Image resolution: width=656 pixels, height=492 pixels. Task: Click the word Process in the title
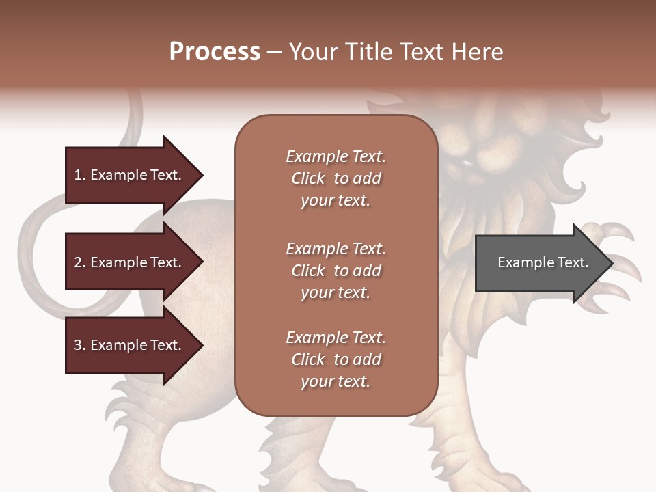pyautogui.click(x=215, y=52)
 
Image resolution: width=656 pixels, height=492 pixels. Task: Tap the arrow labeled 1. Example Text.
pyautogui.click(x=130, y=175)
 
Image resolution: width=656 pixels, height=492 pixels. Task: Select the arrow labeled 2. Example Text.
pyautogui.click(x=130, y=262)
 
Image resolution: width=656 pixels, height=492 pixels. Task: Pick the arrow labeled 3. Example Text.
pyautogui.click(x=130, y=345)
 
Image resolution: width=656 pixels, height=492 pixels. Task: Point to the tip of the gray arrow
pyautogui.click(x=611, y=263)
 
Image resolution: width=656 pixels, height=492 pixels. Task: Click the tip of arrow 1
pyautogui.click(x=202, y=175)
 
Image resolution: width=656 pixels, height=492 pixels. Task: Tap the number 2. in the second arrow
pyautogui.click(x=79, y=262)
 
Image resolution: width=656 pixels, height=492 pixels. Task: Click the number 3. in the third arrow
pyautogui.click(x=79, y=345)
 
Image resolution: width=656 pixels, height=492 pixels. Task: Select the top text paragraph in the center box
pyautogui.click(x=336, y=178)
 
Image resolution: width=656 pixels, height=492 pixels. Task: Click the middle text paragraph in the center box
pyautogui.click(x=336, y=271)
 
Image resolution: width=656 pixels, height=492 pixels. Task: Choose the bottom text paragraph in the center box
pyautogui.click(x=336, y=359)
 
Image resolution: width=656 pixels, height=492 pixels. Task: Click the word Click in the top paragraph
pyautogui.click(x=308, y=178)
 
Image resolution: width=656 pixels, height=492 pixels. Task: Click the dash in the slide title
pyautogui.click(x=274, y=53)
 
